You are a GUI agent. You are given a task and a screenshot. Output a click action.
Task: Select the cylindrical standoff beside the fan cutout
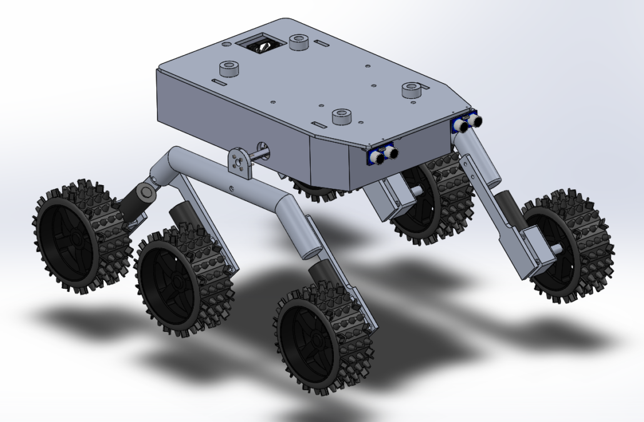[300, 42]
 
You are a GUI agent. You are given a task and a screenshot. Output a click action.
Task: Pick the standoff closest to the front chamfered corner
[341, 116]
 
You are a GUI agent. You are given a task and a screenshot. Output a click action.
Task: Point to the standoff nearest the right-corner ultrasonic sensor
[411, 90]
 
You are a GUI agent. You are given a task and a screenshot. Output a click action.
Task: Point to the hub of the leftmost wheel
[74, 238]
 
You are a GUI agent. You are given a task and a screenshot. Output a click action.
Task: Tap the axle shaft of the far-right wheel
[555, 248]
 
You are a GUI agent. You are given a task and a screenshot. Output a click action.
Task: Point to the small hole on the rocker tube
[231, 186]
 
